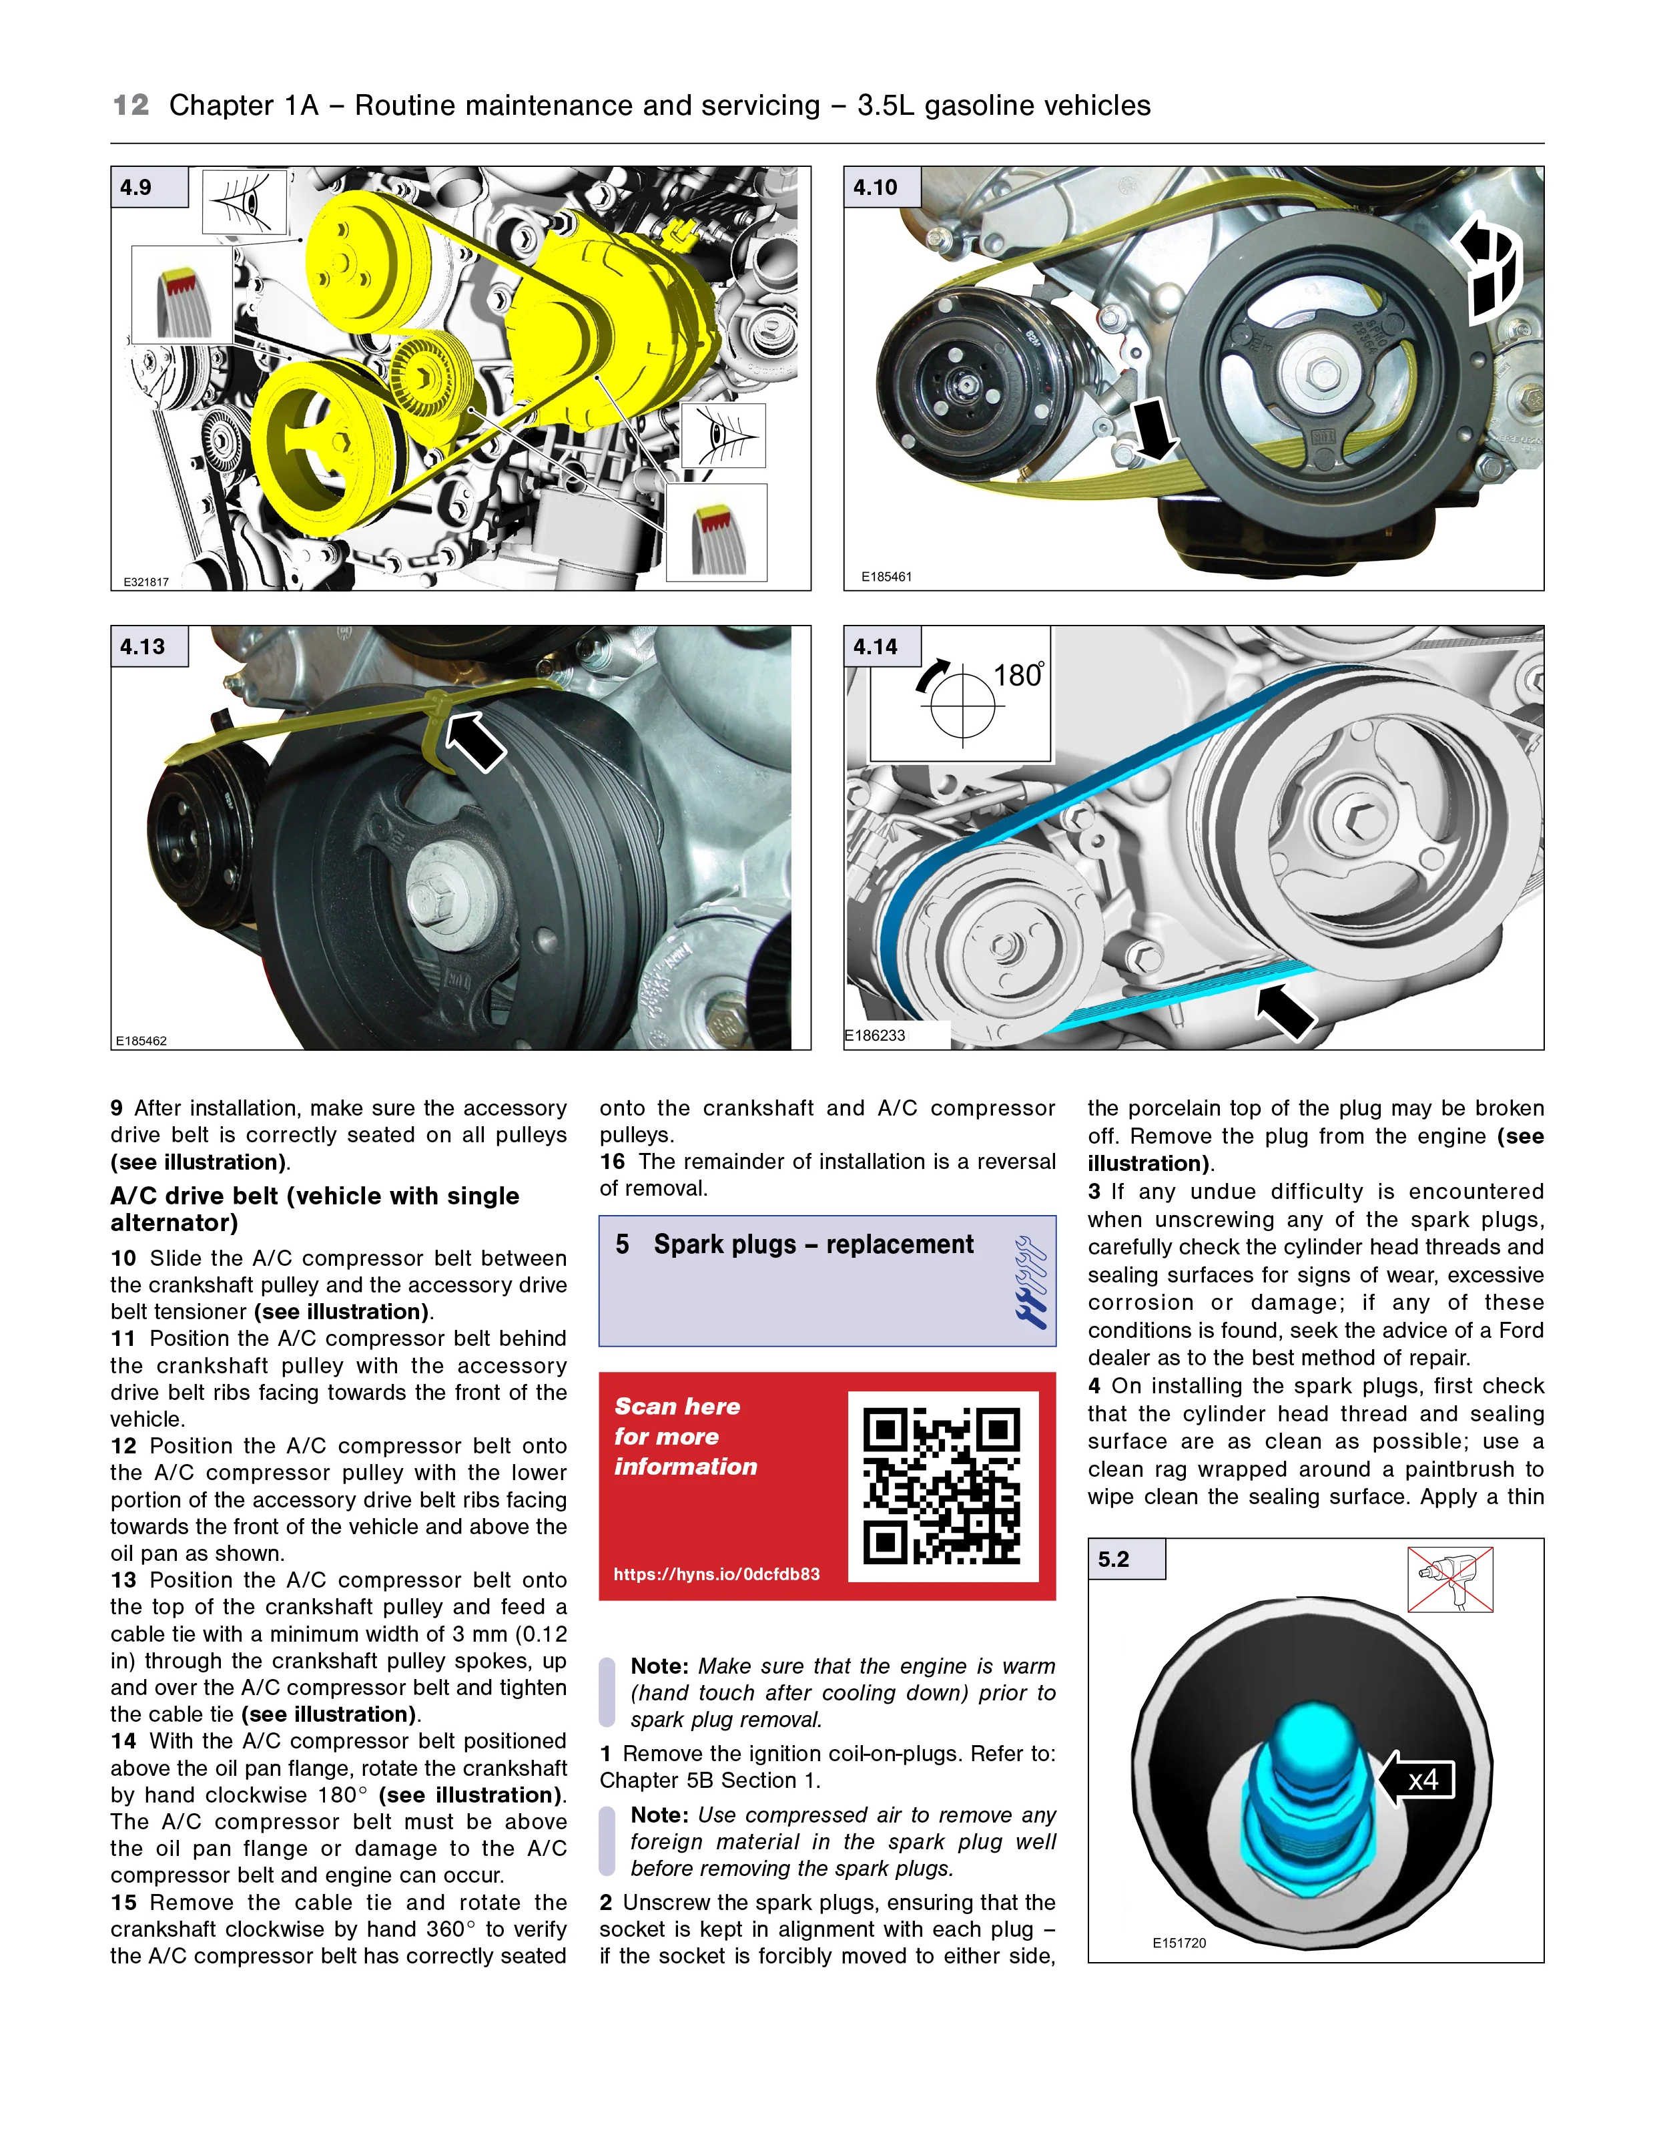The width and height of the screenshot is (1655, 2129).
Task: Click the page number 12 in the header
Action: [131, 105]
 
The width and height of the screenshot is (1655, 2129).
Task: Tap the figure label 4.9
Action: [136, 187]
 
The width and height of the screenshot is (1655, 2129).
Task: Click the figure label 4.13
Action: [142, 646]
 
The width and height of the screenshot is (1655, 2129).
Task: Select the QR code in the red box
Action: [942, 1485]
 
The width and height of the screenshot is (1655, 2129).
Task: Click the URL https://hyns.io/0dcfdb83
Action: [716, 1574]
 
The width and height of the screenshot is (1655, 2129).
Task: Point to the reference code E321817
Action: [146, 582]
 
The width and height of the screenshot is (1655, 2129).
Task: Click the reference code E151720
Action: [1179, 1943]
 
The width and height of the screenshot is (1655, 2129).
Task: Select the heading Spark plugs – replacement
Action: [813, 1245]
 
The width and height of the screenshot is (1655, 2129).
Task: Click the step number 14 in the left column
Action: [123, 1742]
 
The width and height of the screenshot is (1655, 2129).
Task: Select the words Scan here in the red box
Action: [677, 1407]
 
